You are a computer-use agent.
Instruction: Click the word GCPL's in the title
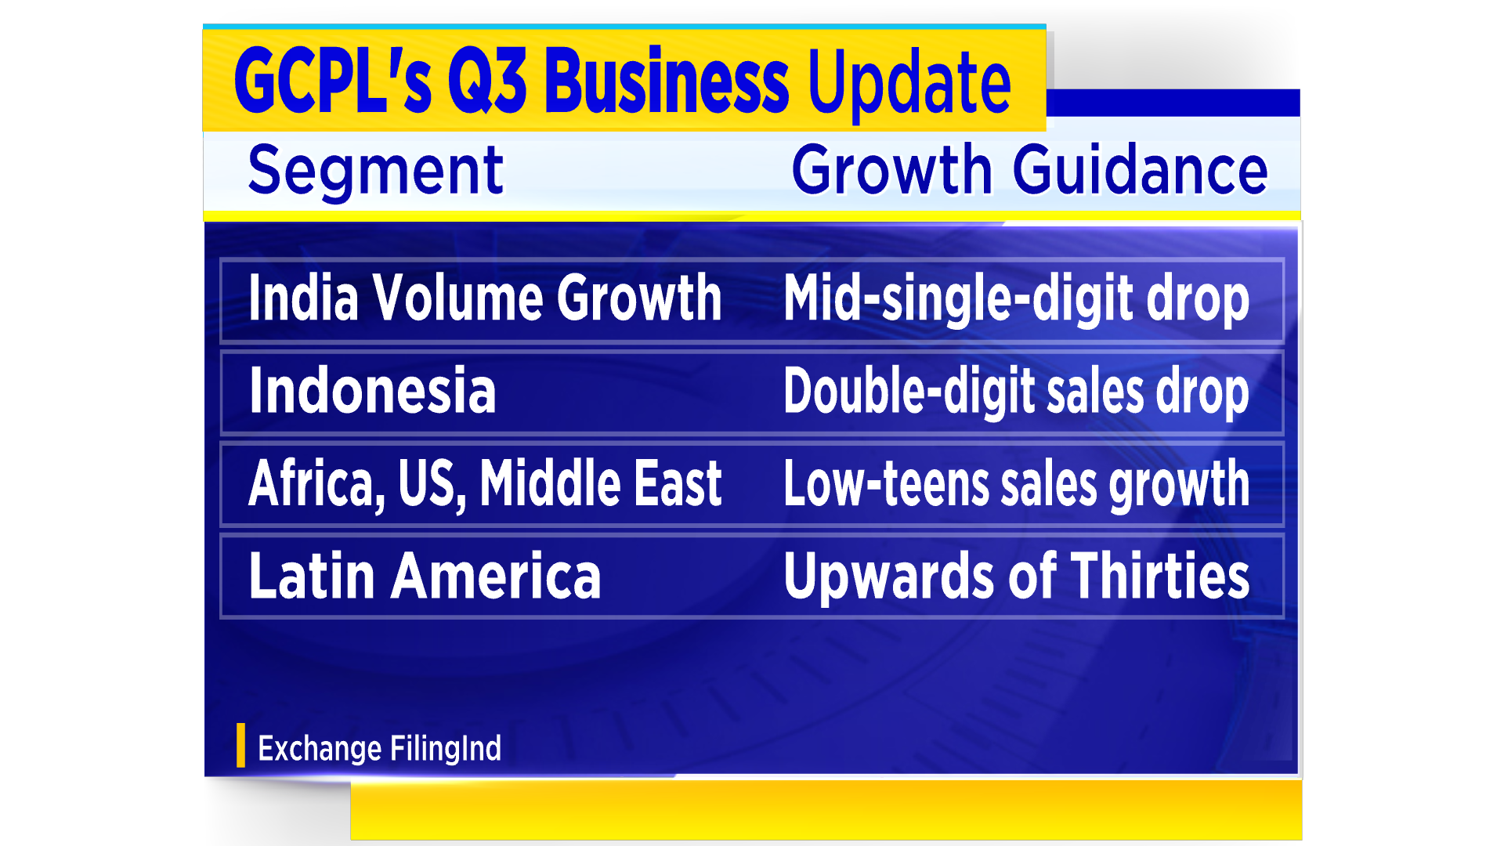[x=333, y=80]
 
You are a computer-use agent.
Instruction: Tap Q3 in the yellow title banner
[x=487, y=80]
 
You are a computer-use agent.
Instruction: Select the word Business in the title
[x=667, y=80]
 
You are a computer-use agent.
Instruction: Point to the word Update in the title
[x=909, y=85]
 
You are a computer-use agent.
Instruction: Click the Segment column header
[x=376, y=171]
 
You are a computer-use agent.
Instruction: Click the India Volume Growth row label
[x=485, y=298]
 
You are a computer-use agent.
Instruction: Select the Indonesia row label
[x=372, y=390]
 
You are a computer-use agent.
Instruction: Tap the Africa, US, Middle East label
[x=485, y=484]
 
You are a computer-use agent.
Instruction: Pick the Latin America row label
[x=425, y=576]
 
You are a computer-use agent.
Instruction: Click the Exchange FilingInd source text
[x=379, y=749]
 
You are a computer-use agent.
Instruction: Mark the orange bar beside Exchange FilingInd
[x=240, y=745]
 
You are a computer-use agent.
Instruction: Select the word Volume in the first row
[x=457, y=298]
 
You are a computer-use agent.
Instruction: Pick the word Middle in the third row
[x=550, y=483]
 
